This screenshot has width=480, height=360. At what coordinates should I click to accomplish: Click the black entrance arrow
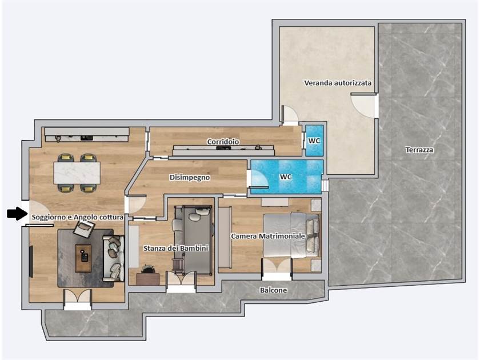pyautogui.click(x=17, y=213)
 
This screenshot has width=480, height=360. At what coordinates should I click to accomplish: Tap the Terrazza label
pyautogui.click(x=419, y=150)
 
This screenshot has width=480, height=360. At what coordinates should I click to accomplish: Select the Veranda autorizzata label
pyautogui.click(x=338, y=83)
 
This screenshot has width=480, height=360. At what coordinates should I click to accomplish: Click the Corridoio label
pyautogui.click(x=223, y=142)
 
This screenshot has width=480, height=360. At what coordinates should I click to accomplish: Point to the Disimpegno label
pyautogui.click(x=190, y=177)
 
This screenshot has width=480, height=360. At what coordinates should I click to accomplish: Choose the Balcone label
pyautogui.click(x=273, y=290)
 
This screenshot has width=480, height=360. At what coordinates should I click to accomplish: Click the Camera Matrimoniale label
pyautogui.click(x=268, y=236)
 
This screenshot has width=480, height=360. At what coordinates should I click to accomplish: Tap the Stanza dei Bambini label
pyautogui.click(x=176, y=248)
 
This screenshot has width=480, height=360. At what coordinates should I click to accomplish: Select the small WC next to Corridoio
pyautogui.click(x=314, y=141)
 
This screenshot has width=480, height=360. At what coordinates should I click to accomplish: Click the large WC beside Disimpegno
pyautogui.click(x=286, y=177)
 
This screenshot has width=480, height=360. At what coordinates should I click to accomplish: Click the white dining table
pyautogui.click(x=77, y=173)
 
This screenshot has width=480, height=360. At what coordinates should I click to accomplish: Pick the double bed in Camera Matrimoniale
pyautogui.click(x=291, y=235)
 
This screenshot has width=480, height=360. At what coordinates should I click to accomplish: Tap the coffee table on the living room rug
pyautogui.click(x=83, y=258)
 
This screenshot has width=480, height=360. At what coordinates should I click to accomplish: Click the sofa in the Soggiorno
pyautogui.click(x=114, y=258)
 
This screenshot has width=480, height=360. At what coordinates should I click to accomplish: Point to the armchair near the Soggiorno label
pyautogui.click(x=83, y=229)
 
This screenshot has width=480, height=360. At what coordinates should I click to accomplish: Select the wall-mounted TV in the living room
pyautogui.click(x=31, y=261)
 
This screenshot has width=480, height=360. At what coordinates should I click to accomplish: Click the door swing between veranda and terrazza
pyautogui.click(x=363, y=106)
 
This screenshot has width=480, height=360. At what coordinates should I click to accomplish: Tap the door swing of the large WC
pyautogui.click(x=259, y=178)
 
